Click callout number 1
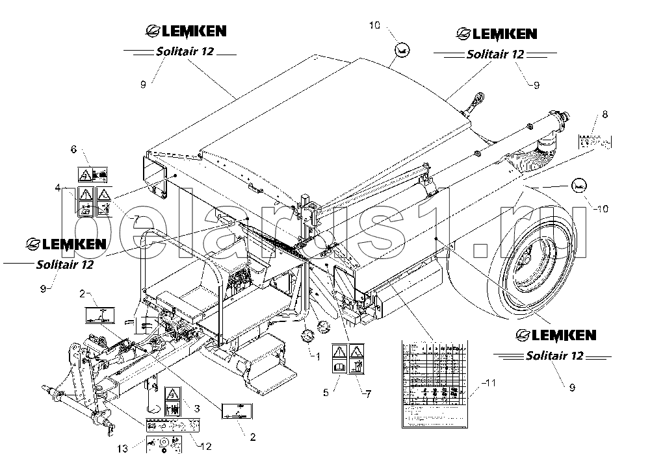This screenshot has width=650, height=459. pyautogui.click(x=317, y=356)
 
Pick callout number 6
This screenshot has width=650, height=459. pyautogui.click(x=73, y=149)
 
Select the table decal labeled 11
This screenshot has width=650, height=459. pyautogui.click(x=432, y=383)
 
